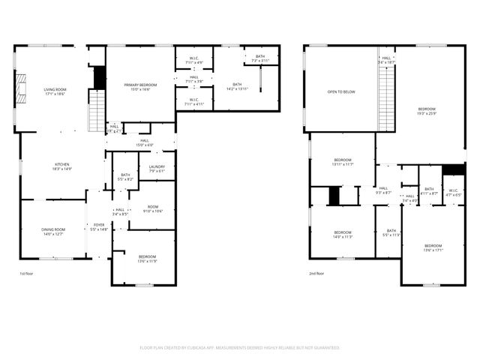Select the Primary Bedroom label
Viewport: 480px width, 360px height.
pos(141,87)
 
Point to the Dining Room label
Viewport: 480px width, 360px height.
pos(53,232)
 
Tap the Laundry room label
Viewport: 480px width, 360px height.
pos(157,169)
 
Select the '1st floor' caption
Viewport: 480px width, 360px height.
pos(26,274)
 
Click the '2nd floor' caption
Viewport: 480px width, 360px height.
pos(316,274)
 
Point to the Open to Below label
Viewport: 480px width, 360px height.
pos(341,92)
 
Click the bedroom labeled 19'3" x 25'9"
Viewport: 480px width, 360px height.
pos(427,111)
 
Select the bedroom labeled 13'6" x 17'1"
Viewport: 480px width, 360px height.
pos(433,248)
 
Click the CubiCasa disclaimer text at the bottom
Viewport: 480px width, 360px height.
pos(240,348)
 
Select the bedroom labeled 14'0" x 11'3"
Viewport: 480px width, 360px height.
pos(343,235)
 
